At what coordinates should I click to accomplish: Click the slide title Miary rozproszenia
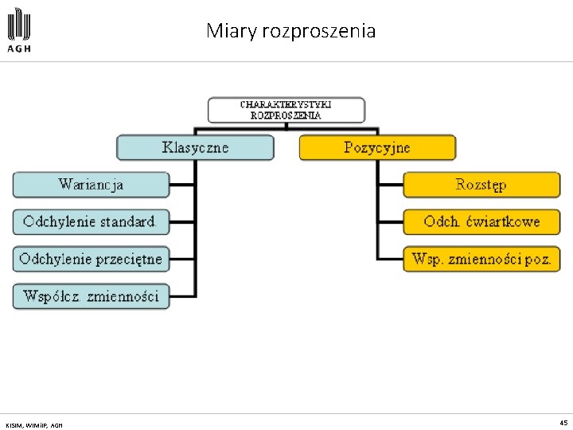[x=290, y=31]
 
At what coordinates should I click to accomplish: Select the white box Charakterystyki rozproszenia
[x=286, y=109]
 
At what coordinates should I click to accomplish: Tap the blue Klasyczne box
[x=195, y=147]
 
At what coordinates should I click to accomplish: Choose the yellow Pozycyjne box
[x=377, y=147]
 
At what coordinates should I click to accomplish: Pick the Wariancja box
[x=91, y=185]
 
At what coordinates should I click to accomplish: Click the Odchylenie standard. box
[x=91, y=221]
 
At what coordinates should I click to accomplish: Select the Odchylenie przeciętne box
[x=91, y=259]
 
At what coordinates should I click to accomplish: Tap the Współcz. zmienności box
[x=91, y=296]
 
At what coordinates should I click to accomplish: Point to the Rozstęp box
[x=481, y=185]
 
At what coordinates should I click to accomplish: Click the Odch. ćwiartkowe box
[x=481, y=221]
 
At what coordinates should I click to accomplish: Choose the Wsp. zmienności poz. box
[x=481, y=259]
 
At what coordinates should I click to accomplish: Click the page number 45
[x=563, y=423]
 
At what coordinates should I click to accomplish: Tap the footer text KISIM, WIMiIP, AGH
[x=33, y=424]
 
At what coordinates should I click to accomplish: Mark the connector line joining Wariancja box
[x=182, y=185]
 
